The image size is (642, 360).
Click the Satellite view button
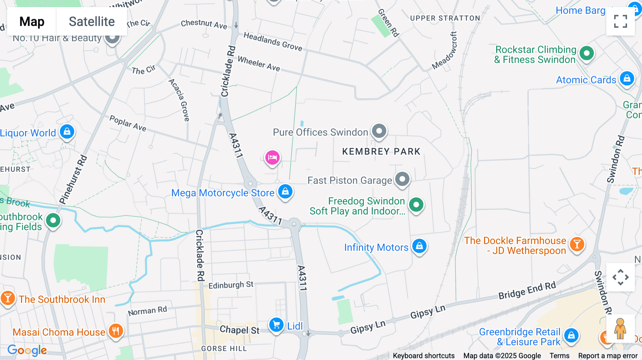tap(92, 21)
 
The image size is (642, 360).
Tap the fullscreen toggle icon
tap(620, 21)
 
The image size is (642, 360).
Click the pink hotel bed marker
tap(272, 157)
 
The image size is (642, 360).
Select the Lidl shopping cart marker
tap(276, 325)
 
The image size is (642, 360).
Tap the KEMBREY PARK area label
tap(381, 151)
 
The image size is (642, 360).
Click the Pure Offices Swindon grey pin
tap(379, 131)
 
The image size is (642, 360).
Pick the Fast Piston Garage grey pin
tap(402, 179)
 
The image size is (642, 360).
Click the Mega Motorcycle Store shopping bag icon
tap(285, 191)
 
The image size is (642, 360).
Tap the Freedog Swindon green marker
tap(416, 205)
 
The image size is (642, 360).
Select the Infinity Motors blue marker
tap(419, 246)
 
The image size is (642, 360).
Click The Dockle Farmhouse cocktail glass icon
tap(576, 245)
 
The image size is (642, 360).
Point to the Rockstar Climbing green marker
tap(586, 53)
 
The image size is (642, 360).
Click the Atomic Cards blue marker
tap(627, 78)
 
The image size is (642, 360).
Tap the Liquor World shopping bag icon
tap(67, 132)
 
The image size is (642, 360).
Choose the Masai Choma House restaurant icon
tap(115, 331)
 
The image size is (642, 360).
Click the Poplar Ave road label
tap(128, 123)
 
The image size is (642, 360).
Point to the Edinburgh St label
tap(231, 285)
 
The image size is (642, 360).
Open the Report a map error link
tap(607, 356)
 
